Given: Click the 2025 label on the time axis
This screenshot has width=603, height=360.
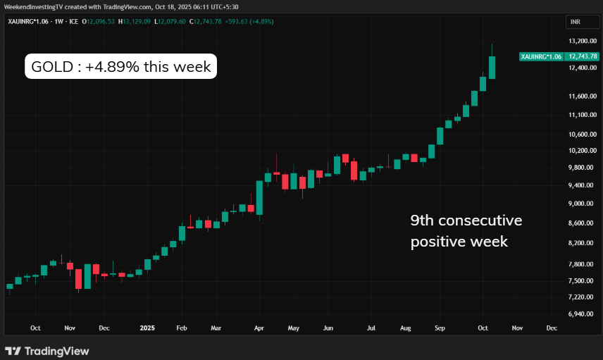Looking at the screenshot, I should coord(147,328).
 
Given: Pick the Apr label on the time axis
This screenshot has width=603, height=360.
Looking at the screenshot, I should coord(259,328).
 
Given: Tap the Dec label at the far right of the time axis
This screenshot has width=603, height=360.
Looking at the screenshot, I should coord(552,328).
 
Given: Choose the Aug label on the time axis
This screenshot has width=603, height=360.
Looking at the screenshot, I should coord(405,328).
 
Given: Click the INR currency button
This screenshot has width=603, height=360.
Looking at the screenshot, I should coord(576,23).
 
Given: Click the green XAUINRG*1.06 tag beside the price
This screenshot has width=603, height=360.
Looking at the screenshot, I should coord(540,56).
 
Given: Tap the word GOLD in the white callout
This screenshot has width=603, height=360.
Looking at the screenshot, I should coord(51,67).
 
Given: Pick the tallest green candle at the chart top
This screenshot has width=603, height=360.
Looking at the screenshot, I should coord(492,67).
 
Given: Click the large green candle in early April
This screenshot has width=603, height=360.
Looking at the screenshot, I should coord(259,198).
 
